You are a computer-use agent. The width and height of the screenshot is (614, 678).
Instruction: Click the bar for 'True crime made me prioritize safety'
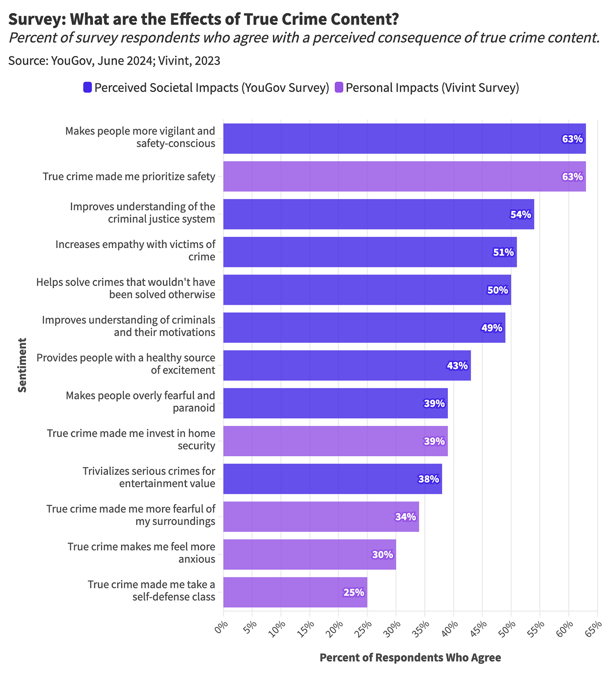click(x=404, y=176)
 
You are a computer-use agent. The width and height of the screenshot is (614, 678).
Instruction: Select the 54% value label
click(x=520, y=215)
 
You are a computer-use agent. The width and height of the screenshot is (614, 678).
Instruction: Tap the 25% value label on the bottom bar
click(x=353, y=592)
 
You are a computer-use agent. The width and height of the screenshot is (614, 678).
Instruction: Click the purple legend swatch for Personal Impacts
click(x=339, y=88)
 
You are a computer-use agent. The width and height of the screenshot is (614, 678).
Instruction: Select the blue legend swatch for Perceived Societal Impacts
click(x=87, y=88)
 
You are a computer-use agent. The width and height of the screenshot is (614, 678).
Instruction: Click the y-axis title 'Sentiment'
click(x=22, y=365)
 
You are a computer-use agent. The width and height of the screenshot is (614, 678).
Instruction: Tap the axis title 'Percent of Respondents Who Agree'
click(x=410, y=657)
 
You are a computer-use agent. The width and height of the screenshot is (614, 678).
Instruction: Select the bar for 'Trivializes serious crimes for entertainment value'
click(x=332, y=479)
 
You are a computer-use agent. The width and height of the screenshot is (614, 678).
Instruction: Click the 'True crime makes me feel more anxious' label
click(x=141, y=553)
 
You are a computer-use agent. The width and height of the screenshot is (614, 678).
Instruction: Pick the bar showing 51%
click(x=369, y=252)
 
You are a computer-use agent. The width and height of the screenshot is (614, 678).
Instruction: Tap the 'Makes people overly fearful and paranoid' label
click(x=140, y=402)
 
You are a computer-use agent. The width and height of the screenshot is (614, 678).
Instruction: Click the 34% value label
click(x=405, y=517)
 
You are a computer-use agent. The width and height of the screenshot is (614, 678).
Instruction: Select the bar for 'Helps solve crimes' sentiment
click(x=367, y=290)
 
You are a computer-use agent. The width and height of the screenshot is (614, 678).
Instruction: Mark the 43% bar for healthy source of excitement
click(x=347, y=366)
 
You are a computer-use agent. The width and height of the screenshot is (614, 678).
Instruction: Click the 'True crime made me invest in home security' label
click(x=131, y=439)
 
